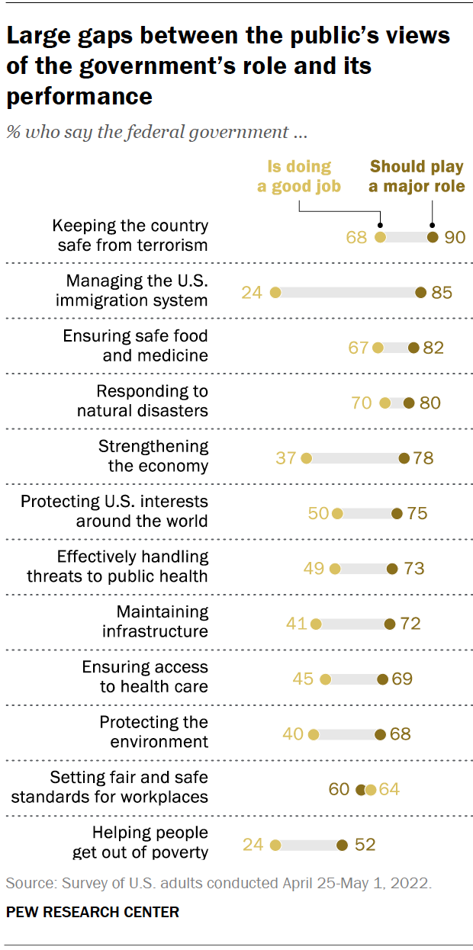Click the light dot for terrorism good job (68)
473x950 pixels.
(381, 237)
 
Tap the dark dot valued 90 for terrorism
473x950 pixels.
(433, 237)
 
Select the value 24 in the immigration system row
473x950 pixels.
(253, 292)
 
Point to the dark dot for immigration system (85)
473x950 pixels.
(420, 292)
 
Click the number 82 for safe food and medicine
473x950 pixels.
(433, 348)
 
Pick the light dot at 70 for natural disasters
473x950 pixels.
(385, 403)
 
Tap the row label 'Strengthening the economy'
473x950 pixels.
(153, 456)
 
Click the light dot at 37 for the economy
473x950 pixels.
(307, 458)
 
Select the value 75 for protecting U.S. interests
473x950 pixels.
(417, 513)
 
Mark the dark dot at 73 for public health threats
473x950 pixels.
(392, 568)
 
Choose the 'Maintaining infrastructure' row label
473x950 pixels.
(155, 621)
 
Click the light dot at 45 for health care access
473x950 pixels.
(326, 679)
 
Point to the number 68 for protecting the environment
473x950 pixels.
(401, 734)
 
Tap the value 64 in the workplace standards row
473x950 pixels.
(389, 789)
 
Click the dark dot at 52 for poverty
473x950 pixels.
(342, 845)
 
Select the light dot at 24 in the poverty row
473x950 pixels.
(275, 845)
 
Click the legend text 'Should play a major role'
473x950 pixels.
(417, 176)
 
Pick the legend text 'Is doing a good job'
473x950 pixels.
(298, 176)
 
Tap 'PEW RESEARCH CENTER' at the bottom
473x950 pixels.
(93, 912)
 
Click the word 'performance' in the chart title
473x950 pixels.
(79, 96)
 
